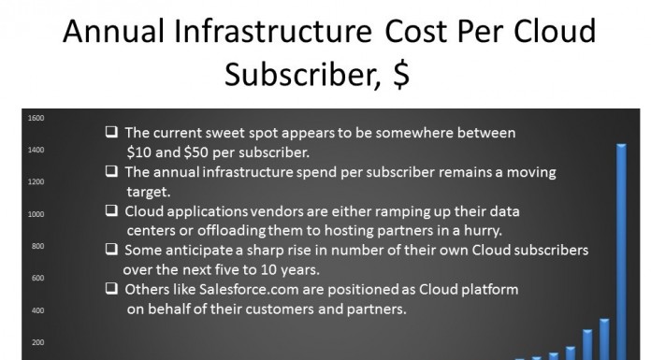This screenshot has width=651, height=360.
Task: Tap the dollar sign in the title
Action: [x=399, y=77]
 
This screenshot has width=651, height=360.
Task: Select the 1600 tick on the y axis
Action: [x=36, y=118]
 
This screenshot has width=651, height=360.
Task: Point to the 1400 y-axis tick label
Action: [x=36, y=150]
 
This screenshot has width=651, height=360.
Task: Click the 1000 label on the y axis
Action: [x=36, y=214]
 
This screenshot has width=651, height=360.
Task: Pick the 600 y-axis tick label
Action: [x=36, y=278]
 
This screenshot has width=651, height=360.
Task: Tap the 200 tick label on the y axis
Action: [x=36, y=342]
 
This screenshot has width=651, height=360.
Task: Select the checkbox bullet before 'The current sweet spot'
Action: [x=111, y=132]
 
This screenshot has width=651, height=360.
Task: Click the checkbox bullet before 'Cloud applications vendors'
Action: [x=111, y=210]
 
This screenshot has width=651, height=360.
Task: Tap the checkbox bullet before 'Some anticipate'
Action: [x=111, y=250]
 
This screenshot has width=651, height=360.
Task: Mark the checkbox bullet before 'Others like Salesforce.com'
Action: [x=111, y=289]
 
